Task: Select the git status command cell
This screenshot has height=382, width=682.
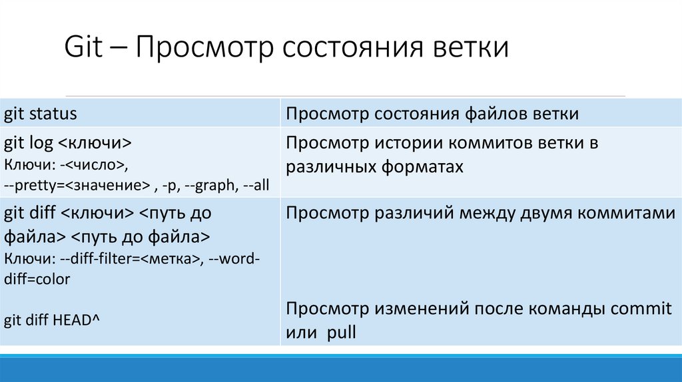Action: [x=41, y=114]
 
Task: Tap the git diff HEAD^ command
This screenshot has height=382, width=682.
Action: [x=52, y=321]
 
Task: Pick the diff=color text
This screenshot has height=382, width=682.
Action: [x=37, y=280]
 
